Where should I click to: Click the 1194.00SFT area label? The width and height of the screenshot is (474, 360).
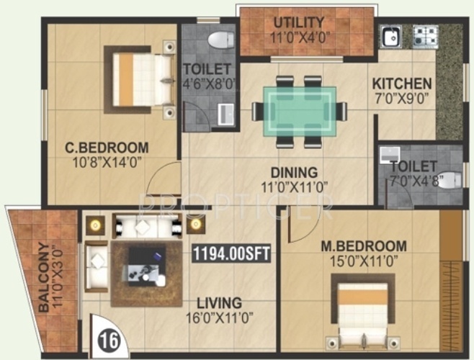coord(231,253)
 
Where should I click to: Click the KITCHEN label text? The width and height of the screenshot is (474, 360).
coord(402,84)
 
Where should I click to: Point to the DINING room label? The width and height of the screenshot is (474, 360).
coord(293,173)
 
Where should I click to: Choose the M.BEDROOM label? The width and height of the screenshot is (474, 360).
coord(364,246)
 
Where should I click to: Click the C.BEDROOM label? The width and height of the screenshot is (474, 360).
coord(107,148)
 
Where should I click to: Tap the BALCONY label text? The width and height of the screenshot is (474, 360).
coord(44,278)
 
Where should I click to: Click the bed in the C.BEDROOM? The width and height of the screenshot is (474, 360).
coord(140,78)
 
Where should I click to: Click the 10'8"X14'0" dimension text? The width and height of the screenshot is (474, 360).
coord(107,163)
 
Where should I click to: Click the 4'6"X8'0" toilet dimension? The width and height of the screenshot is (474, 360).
coord(210,83)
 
